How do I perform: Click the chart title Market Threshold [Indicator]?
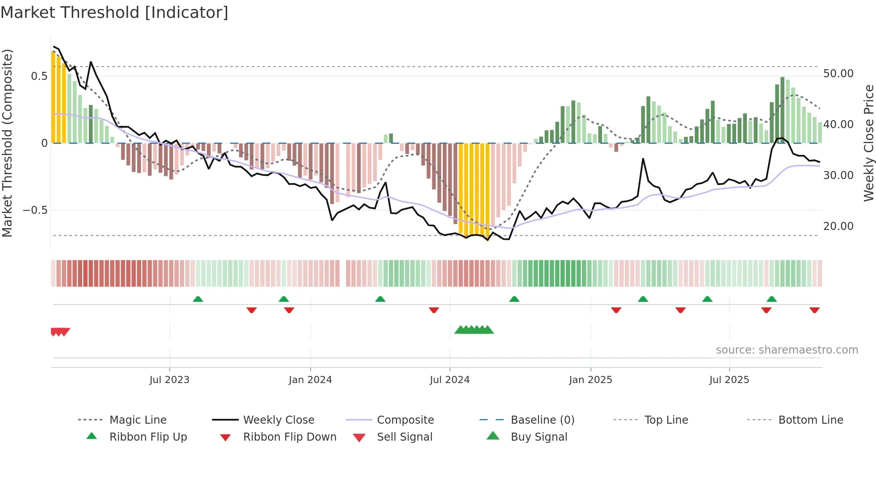coord(114,13)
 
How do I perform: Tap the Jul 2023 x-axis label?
coord(169,380)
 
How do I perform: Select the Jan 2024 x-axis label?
coord(310,380)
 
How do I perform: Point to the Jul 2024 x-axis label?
coord(450,380)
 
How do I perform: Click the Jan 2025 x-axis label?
coord(590,380)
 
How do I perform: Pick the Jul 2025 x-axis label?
coord(729,380)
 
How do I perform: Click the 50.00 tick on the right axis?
coord(838,74)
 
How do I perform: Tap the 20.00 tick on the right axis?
coord(838,226)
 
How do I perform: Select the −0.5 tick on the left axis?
coord(35,210)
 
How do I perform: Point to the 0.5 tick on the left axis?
coord(39,76)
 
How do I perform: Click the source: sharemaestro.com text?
coord(787,350)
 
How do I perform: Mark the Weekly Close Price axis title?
coord(868,143)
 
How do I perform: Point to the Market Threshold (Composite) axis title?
coord(7,143)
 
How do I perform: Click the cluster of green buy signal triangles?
coord(474,330)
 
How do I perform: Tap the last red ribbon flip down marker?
coord(814,310)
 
